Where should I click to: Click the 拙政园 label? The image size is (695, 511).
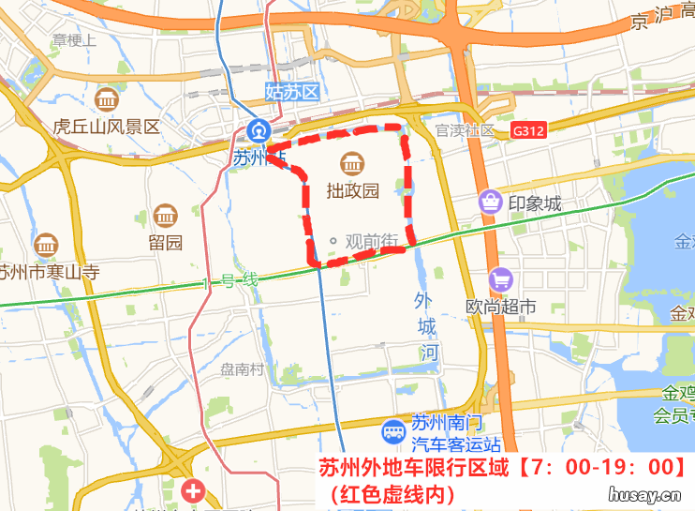352,191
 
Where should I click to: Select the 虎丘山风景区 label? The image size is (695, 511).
107,127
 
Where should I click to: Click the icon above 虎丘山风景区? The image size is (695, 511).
107,99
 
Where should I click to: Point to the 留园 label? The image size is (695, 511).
165,242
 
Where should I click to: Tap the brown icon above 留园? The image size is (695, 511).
166,216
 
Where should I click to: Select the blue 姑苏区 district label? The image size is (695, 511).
293,92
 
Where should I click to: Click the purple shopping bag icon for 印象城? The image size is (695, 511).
490,201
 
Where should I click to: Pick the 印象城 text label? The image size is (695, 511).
535,203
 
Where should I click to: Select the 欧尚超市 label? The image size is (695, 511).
501,306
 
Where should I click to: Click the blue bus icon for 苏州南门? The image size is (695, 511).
393,432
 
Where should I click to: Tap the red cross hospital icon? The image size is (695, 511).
193,489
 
